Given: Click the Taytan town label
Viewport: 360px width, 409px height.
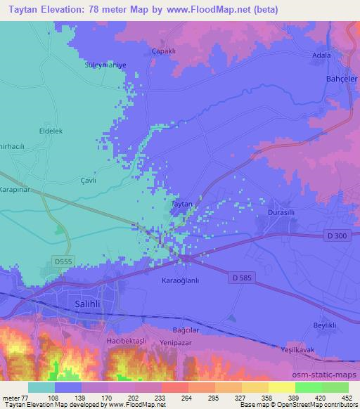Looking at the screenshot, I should tap(182, 203).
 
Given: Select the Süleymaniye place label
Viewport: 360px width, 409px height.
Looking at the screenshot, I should tap(105, 64).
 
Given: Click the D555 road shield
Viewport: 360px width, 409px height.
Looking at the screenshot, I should tap(65, 261).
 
